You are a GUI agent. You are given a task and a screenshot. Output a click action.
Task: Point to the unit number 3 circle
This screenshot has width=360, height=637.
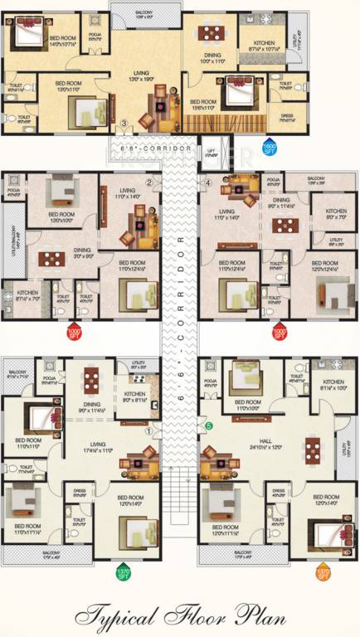pyautogui.click(x=124, y=124)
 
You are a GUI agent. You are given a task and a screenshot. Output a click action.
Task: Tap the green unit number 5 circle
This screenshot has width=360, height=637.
pyautogui.click(x=208, y=426)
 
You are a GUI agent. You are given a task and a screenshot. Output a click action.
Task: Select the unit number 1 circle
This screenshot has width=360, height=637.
pyautogui.click(x=148, y=430)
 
